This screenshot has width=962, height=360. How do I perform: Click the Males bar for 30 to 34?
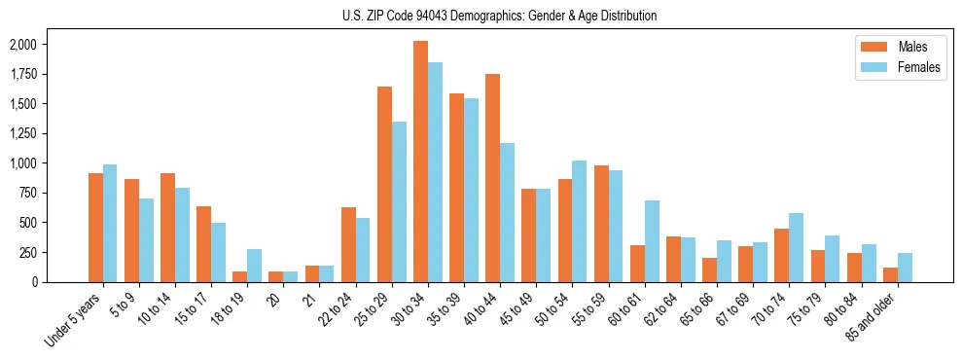420,162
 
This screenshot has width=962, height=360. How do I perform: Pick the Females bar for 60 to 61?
652,241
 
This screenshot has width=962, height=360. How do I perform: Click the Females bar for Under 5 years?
110,223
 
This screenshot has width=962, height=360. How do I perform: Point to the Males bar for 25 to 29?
384,184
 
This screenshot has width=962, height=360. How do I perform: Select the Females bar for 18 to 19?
254,266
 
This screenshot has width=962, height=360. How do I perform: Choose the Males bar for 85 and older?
890,274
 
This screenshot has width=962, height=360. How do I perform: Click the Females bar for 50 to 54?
580,221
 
